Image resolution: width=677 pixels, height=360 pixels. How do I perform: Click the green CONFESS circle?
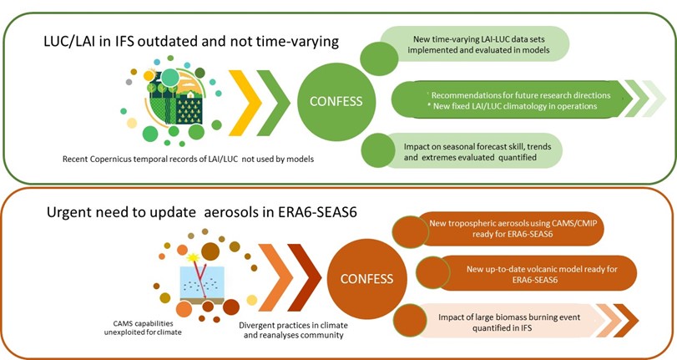click(x=336, y=102)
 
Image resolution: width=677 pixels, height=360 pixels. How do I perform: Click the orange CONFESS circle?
click(x=367, y=279)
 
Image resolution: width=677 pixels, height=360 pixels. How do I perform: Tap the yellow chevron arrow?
click(x=245, y=103)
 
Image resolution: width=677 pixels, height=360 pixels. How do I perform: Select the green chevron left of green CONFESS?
click(x=273, y=103)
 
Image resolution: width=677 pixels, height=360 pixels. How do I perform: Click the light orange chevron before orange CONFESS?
click(x=276, y=278)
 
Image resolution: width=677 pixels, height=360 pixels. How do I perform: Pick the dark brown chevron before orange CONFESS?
click(x=305, y=278)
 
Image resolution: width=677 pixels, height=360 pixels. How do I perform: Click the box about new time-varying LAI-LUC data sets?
click(x=474, y=44)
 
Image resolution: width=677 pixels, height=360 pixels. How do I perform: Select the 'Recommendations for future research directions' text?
click(x=521, y=95)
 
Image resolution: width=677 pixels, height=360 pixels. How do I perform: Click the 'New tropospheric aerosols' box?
click(x=510, y=229)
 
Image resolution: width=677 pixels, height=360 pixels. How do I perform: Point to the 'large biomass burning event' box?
click(x=508, y=322)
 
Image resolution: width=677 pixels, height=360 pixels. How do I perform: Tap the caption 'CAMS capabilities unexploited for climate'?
click(x=143, y=328)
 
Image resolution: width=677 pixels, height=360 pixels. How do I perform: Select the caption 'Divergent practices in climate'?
click(x=294, y=326)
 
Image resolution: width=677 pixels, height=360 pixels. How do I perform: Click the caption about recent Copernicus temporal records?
click(x=189, y=159)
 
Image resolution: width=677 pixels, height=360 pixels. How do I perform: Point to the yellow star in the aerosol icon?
click(x=193, y=257)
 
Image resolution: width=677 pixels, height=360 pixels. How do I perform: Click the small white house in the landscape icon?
click(x=189, y=94)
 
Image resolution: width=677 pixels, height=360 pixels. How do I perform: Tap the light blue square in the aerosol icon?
click(x=202, y=282)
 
